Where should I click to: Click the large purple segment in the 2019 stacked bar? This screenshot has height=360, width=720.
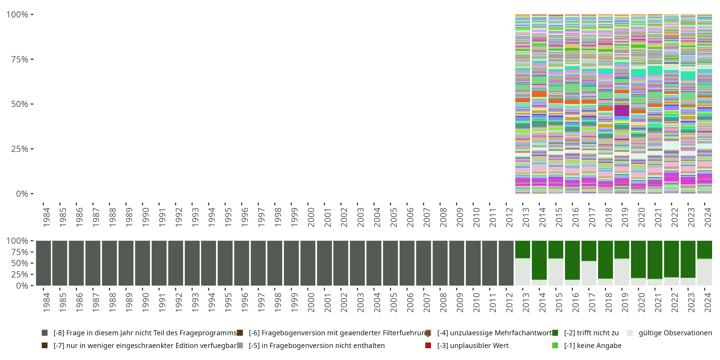point(622,111)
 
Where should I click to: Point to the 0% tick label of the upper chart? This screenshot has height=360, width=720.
point(22,194)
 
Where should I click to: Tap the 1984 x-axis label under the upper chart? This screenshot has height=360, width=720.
point(46,217)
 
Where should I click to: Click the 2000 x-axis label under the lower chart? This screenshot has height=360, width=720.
point(311,302)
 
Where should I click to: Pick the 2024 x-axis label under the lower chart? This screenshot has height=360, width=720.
point(708,302)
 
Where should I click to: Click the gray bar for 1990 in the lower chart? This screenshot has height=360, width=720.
point(143,263)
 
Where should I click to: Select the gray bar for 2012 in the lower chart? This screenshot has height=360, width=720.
point(506,263)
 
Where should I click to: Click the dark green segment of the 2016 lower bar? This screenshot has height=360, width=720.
point(572,260)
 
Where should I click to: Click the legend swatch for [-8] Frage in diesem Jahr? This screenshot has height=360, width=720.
point(44,333)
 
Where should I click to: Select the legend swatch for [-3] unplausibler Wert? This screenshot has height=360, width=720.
point(428,345)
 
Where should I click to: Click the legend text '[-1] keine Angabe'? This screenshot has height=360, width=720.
point(593,345)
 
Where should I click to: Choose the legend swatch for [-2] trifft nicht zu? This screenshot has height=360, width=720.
point(555,333)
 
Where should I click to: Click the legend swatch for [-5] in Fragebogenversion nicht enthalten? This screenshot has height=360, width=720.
point(240,345)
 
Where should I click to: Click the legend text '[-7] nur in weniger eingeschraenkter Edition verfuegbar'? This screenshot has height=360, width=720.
point(145,345)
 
